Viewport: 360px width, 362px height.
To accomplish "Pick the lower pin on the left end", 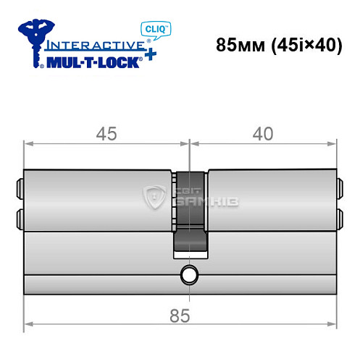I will pos(19,216).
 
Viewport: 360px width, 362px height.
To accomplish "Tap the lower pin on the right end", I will pos(340,216).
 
